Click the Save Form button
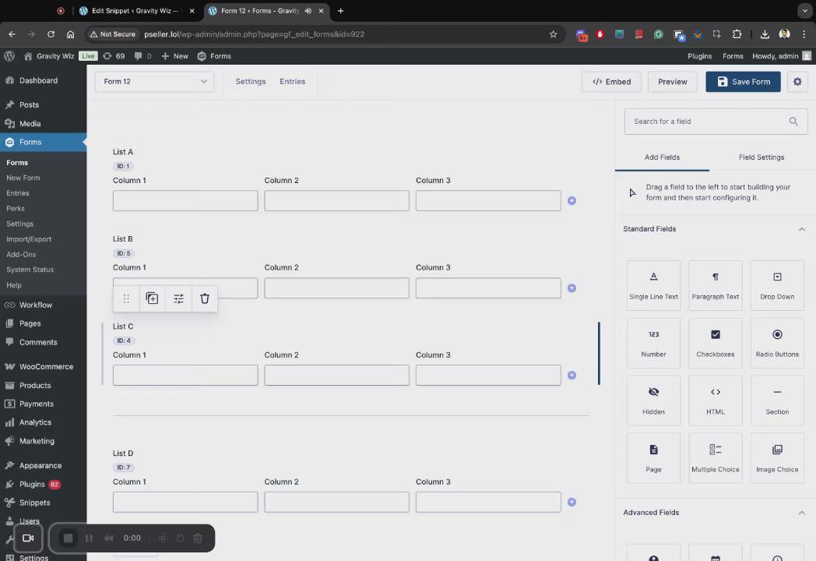pyautogui.click(x=743, y=82)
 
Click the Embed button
pyautogui.click(x=611, y=82)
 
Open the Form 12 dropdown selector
pyautogui.click(x=155, y=82)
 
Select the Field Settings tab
pyautogui.click(x=761, y=157)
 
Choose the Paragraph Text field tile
pyautogui.click(x=715, y=285)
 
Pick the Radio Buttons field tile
pyautogui.click(x=777, y=343)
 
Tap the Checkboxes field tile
pyautogui.click(x=715, y=343)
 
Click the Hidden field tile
pyautogui.click(x=653, y=400)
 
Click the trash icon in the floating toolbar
pyautogui.click(x=205, y=298)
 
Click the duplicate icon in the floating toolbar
pyautogui.click(x=152, y=298)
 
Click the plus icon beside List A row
pyautogui.click(x=572, y=200)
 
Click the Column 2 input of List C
pyautogui.click(x=336, y=375)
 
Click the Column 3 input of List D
pyautogui.click(x=488, y=502)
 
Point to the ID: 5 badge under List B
pyautogui.click(x=123, y=253)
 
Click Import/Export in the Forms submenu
pyautogui.click(x=29, y=239)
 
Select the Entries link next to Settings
pyautogui.click(x=293, y=82)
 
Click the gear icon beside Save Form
pyautogui.click(x=797, y=82)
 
